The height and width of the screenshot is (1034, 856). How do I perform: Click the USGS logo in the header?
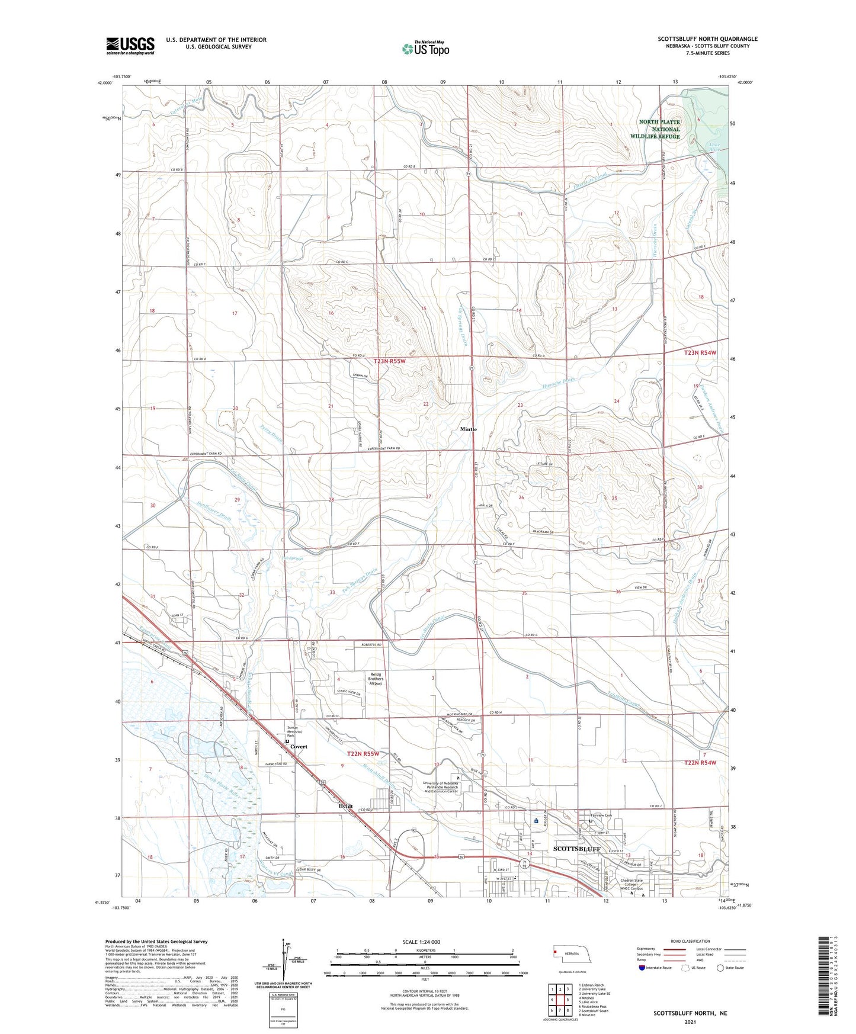[130, 45]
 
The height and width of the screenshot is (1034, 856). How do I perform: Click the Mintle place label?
[468, 429]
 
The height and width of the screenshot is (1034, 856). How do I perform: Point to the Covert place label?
[299, 746]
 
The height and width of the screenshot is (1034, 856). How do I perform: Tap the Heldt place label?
[345, 806]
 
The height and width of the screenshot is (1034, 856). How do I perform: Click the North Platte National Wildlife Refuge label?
[659, 129]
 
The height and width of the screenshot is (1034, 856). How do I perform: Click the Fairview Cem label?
[600, 815]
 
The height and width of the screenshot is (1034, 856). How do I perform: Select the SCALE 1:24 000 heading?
[421, 942]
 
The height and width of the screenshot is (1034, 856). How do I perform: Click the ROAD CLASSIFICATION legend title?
[674, 940]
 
